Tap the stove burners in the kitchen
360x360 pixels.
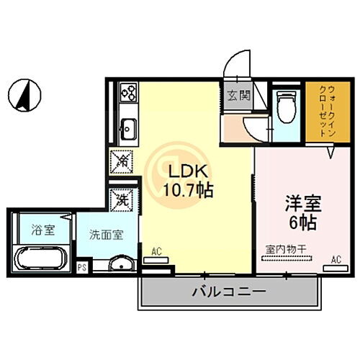tap(129, 92)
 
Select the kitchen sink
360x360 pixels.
tap(128, 130)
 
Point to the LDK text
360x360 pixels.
tap(189, 174)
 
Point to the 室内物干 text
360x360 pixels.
tap(287, 249)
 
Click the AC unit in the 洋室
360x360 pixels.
tap(333, 266)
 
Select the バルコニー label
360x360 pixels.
tap(219, 292)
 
